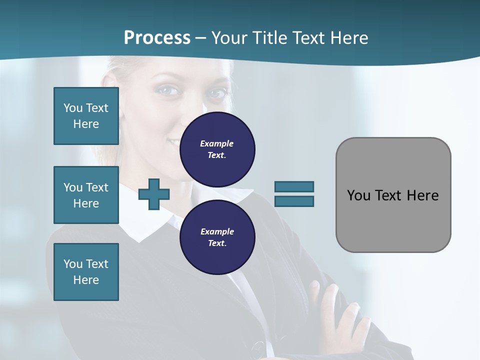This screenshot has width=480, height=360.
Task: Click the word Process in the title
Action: click(x=157, y=38)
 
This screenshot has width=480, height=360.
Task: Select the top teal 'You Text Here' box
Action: click(x=86, y=116)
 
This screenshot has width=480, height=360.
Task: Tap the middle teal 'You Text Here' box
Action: click(x=86, y=195)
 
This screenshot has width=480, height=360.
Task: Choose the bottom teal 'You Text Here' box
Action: click(x=86, y=272)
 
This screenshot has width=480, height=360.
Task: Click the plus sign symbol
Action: click(x=154, y=194)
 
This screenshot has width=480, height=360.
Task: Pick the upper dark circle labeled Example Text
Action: click(x=217, y=149)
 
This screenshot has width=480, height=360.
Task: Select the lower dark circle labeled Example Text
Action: click(x=217, y=237)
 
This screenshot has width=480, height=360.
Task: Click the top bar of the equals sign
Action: click(x=294, y=186)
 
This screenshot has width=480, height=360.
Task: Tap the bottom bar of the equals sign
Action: click(x=294, y=201)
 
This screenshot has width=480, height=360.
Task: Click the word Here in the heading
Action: click(x=349, y=38)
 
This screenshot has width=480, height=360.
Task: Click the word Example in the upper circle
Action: click(x=217, y=143)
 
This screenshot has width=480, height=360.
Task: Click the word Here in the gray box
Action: click(x=423, y=195)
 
